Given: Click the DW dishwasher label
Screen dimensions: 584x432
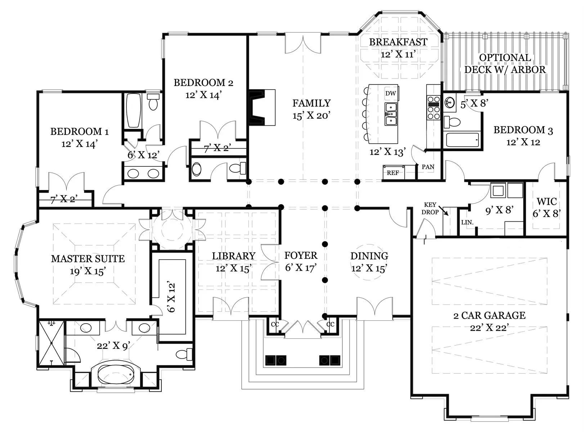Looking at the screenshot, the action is (x=391, y=93).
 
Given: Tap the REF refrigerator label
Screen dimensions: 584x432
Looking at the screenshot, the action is (x=393, y=173).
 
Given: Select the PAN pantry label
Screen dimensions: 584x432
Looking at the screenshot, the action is (x=428, y=167).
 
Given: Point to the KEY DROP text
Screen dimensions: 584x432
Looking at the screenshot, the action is (x=430, y=208).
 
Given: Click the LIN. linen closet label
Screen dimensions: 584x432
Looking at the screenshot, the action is (x=467, y=222).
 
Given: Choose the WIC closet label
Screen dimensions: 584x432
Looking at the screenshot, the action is (x=547, y=202).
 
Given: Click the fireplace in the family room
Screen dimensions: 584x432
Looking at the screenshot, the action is (x=262, y=107).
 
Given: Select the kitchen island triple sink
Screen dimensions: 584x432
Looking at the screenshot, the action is (x=391, y=114).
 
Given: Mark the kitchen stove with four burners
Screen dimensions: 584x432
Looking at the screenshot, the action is (x=433, y=108).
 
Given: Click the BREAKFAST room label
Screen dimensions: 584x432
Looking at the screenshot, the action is (x=398, y=42).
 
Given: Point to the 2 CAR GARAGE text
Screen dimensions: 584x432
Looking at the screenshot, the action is (x=489, y=315).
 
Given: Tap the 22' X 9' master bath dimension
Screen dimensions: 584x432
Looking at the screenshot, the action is (x=113, y=346).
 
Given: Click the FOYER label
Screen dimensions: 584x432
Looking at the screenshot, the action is (x=301, y=255).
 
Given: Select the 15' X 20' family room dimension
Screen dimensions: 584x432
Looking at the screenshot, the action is (x=311, y=116).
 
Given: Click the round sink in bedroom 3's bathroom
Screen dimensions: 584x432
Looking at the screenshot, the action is (x=450, y=102).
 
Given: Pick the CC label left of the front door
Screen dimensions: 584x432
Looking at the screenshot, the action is (x=275, y=324).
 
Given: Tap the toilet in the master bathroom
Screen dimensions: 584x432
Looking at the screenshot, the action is (x=184, y=354).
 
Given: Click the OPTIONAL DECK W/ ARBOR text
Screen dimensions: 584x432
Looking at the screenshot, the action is (x=505, y=64).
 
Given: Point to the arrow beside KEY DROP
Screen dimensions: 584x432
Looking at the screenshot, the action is (x=443, y=211).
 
